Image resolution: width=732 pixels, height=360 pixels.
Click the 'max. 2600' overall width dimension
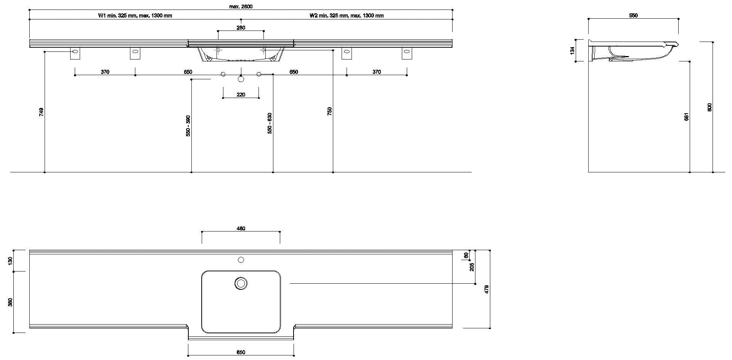tap(241, 6)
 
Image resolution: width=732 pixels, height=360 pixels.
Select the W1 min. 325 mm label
tap(135, 16)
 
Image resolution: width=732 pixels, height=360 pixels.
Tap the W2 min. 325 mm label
tap(346, 16)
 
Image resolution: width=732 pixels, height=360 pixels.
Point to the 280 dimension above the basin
tap(241, 27)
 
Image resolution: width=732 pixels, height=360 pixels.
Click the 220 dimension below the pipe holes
tap(241, 95)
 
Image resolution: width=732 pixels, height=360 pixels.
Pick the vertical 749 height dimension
tap(42, 112)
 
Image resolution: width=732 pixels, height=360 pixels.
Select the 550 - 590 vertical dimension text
tap(188, 126)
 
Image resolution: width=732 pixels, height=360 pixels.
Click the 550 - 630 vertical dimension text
tap(270, 123)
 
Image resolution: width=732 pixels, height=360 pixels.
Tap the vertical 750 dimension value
tap(330, 111)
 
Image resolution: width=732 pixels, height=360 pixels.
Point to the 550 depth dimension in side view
tap(633, 16)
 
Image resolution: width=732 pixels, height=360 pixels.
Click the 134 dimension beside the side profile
tap(572, 51)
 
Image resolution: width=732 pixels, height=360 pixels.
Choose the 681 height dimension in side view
tap(687, 117)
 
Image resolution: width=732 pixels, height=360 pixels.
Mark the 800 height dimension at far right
tap(710, 107)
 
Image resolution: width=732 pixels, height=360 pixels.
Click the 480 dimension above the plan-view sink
tap(241, 228)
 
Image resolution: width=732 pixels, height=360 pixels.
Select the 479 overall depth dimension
tap(486, 289)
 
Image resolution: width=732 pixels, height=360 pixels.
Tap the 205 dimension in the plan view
tap(472, 267)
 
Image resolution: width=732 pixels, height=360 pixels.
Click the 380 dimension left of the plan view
tap(11, 302)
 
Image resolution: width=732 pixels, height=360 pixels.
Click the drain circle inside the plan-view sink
tap(241, 283)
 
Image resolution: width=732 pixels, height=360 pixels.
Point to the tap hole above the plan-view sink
tap(241, 260)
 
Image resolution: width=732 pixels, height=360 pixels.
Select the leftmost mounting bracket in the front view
tap(75, 53)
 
